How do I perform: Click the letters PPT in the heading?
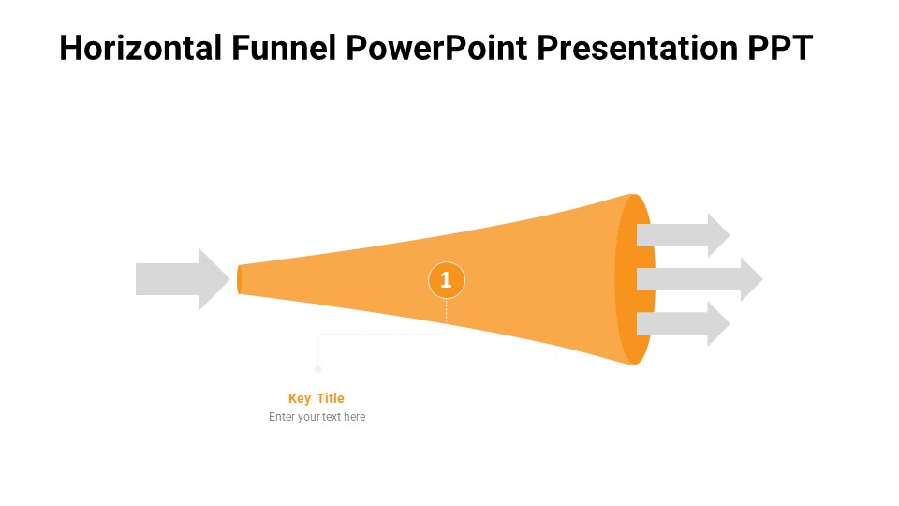[x=780, y=48]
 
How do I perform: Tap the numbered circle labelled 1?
[x=447, y=279]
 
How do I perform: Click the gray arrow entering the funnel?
[x=178, y=279]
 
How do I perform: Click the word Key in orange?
[x=300, y=398]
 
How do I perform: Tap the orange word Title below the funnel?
[x=331, y=398]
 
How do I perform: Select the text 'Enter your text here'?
[x=317, y=417]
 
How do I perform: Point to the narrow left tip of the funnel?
[x=240, y=279]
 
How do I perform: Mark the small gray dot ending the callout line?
[x=318, y=369]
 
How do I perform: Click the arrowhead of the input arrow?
[x=215, y=279]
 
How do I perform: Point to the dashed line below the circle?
[x=447, y=312]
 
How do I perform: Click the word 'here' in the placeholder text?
[x=354, y=417]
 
